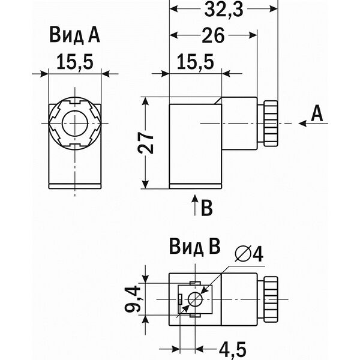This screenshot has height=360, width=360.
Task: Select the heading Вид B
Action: point(194,247)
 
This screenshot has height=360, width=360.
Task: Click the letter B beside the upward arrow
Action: point(206,208)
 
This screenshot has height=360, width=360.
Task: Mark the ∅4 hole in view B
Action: point(196,299)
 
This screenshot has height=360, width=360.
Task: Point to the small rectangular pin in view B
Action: point(180,299)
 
